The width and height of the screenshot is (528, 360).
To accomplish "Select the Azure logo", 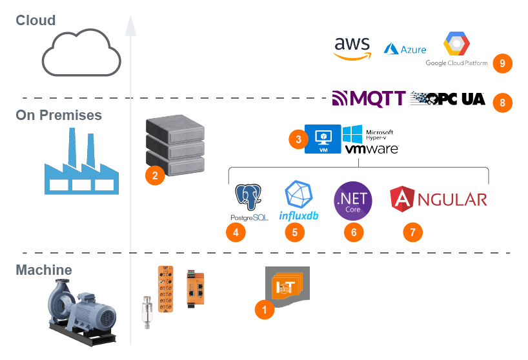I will tap(405, 49).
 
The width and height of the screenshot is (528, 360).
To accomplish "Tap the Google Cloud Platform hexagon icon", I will tap(456, 44).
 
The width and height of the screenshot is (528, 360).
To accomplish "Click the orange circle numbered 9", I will tap(502, 63).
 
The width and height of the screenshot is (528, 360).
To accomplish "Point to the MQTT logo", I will tap(369, 99).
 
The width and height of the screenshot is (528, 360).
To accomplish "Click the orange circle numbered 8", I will tap(502, 102).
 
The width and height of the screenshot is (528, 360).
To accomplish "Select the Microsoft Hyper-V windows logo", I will tap(352, 135).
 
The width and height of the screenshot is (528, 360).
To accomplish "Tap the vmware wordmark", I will tap(371, 149).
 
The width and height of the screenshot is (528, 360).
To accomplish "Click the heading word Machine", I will tap(44, 270).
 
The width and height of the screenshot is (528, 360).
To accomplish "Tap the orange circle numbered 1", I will tap(264, 310).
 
